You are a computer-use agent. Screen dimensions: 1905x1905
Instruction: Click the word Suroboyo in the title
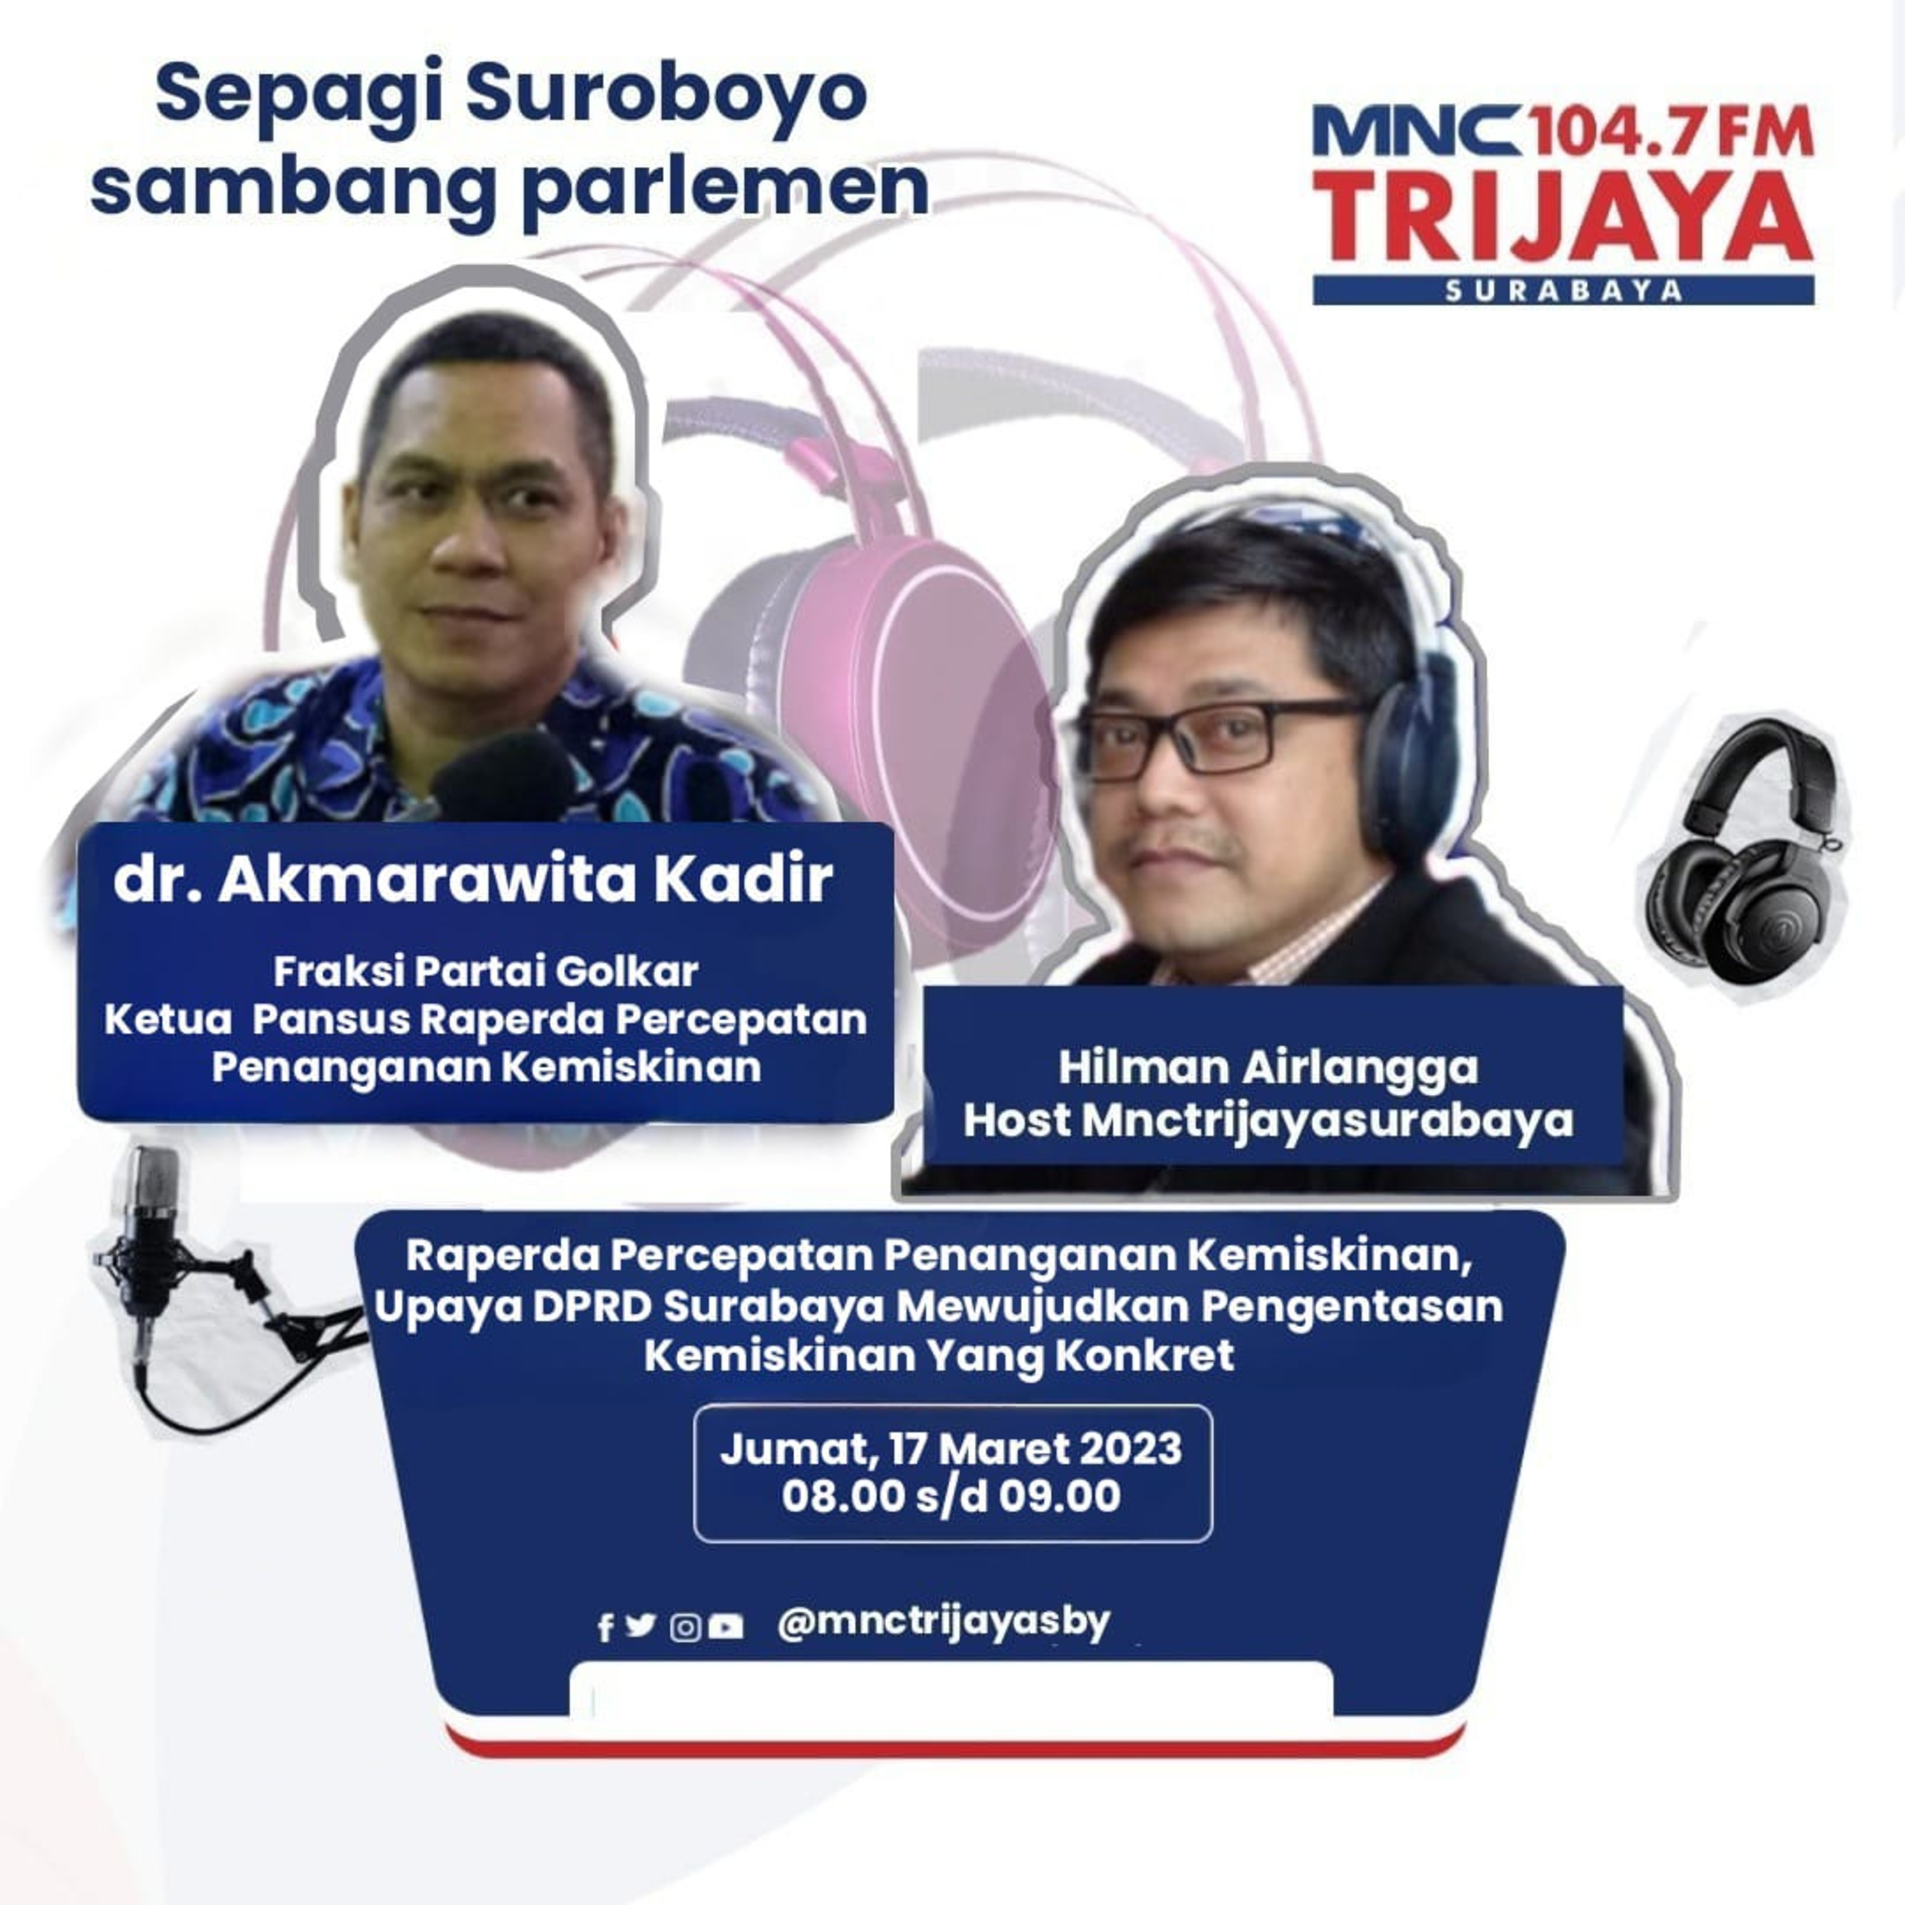[x=665, y=95]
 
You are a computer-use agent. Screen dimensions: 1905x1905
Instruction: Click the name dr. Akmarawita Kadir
[x=473, y=881]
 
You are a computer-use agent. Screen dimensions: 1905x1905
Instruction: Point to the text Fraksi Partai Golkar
[x=486, y=972]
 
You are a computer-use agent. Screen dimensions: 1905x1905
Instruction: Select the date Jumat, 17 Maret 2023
[x=951, y=1448]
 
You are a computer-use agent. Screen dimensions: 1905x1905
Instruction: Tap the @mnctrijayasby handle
[x=944, y=1622]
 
